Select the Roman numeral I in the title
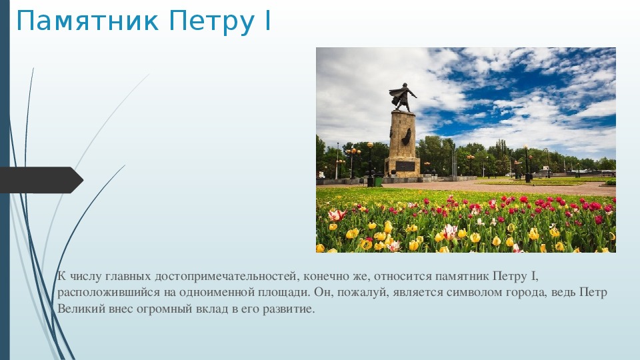tap(268, 21)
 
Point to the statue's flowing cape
tap(396, 95)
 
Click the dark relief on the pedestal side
tap(407, 136)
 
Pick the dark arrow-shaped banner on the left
tap(41, 180)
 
